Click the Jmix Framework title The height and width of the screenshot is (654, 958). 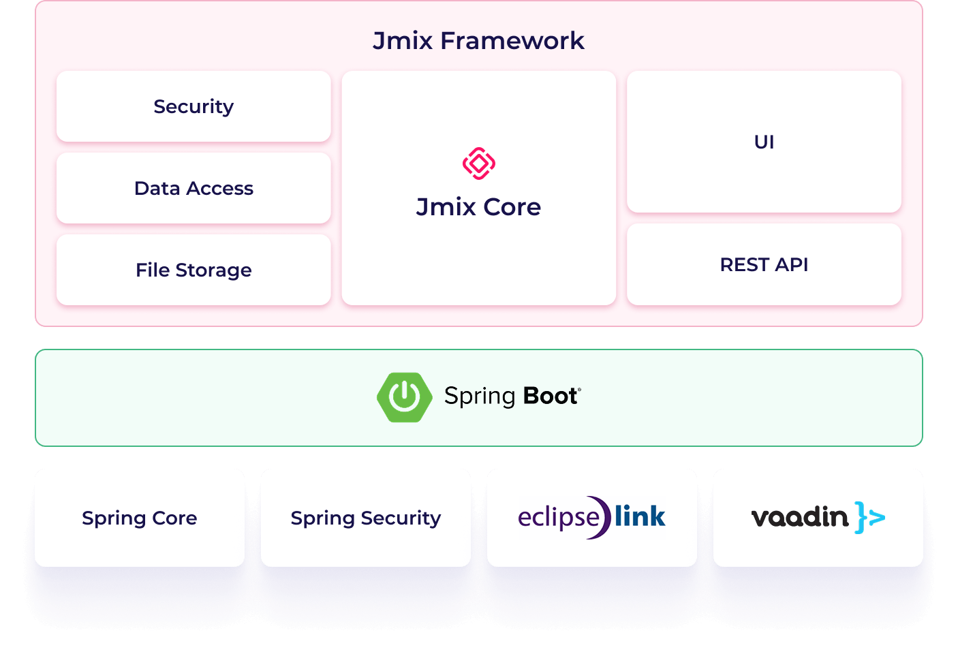(x=478, y=41)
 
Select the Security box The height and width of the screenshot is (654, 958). (x=194, y=106)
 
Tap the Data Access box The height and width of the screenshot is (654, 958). (x=194, y=188)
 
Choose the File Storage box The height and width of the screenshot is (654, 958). (x=194, y=270)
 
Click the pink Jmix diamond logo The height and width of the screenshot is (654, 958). (x=478, y=163)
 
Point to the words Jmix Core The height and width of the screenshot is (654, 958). (x=478, y=207)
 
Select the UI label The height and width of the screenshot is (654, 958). (x=764, y=142)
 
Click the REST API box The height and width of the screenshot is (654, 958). (x=764, y=264)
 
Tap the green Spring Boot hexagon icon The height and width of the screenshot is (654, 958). (x=404, y=397)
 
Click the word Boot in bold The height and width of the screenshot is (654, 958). (x=550, y=396)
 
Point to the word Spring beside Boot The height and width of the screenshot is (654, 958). (x=480, y=397)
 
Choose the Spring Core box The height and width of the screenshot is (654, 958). (x=140, y=518)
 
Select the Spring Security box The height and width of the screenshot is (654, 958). (x=366, y=518)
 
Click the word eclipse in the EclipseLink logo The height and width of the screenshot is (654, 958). (x=559, y=518)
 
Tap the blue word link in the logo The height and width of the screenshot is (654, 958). (x=640, y=516)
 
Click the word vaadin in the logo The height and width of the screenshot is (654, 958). (x=800, y=516)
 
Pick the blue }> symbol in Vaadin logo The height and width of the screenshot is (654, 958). (x=869, y=518)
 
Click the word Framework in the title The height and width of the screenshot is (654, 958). (x=512, y=41)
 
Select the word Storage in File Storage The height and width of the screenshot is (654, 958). (x=213, y=270)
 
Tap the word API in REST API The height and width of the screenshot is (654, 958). (x=791, y=265)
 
